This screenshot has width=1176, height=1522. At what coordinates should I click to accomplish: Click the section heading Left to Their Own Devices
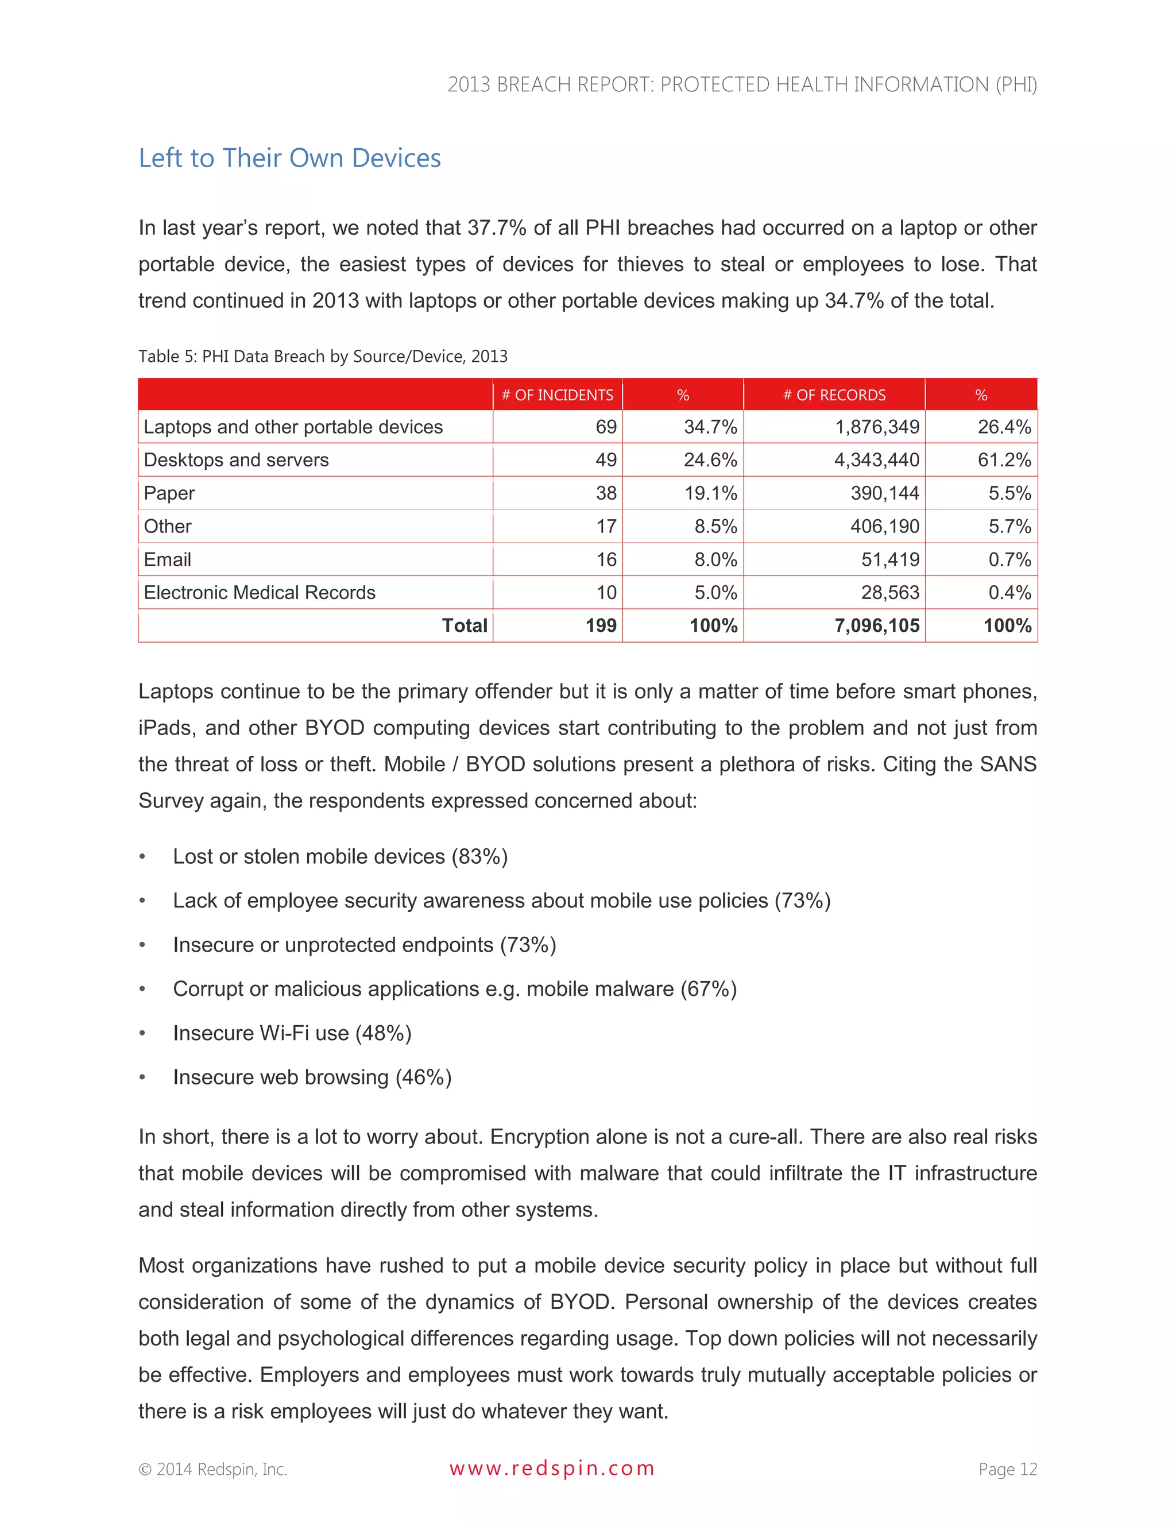coord(289,158)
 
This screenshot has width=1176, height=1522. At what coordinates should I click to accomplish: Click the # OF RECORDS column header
coord(834,395)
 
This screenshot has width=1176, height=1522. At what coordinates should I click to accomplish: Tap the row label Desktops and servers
coord(235,460)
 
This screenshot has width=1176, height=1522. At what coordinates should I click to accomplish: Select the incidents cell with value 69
coord(605,427)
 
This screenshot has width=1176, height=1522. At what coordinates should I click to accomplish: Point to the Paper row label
coord(169,493)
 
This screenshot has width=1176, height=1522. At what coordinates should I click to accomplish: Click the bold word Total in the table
coord(464,626)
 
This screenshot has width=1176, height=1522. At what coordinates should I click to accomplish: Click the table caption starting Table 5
coord(323,356)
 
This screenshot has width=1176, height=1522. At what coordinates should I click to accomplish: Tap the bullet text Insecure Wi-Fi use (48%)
coord(292,1033)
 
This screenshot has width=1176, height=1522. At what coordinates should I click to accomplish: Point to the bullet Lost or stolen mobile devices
coord(340,856)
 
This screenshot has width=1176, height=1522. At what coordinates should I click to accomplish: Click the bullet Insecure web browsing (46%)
coord(312,1077)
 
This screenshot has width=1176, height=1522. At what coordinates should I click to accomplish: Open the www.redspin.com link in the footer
coord(552,1469)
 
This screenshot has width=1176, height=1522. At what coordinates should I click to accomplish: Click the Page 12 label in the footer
coord(1007,1469)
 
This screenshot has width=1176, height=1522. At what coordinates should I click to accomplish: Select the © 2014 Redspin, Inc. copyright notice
coord(212,1469)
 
